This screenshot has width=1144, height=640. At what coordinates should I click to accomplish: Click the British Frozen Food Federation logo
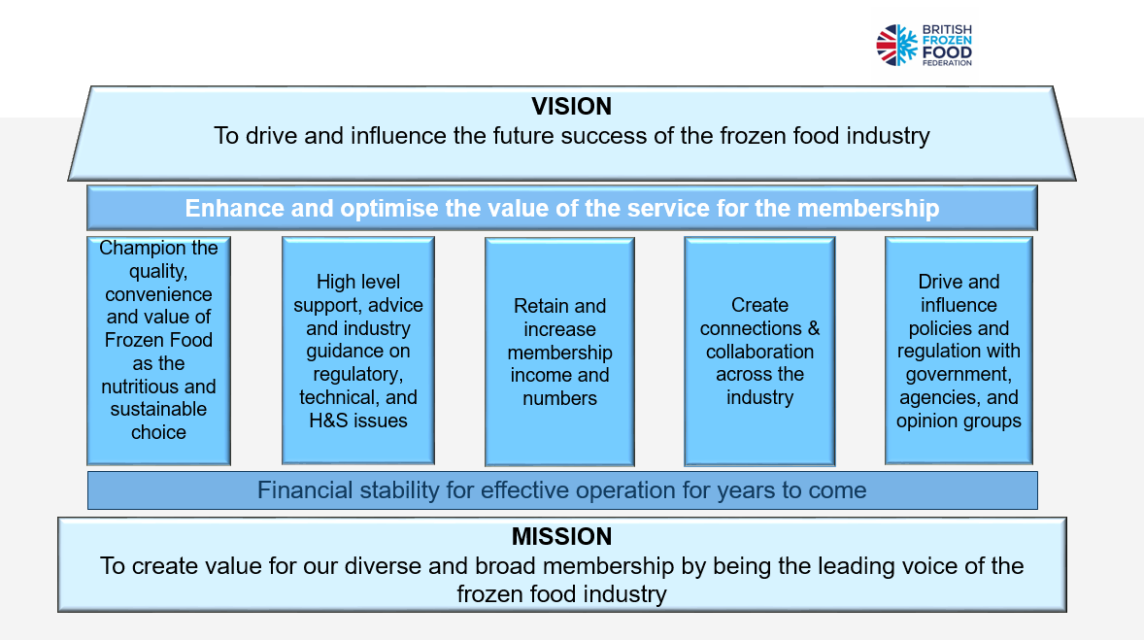tap(924, 46)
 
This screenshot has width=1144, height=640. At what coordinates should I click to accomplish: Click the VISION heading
tap(571, 107)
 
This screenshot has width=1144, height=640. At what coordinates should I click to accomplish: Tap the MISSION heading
tap(561, 536)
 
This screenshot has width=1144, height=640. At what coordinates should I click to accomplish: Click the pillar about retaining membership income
tap(559, 351)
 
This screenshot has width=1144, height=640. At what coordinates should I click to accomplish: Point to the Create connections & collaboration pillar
tap(759, 351)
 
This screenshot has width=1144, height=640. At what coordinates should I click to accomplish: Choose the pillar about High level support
tap(358, 351)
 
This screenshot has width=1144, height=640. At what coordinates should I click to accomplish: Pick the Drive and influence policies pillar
tap(959, 351)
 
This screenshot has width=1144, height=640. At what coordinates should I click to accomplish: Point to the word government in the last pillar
tap(959, 375)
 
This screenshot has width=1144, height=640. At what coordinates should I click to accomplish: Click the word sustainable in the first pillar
tap(158, 409)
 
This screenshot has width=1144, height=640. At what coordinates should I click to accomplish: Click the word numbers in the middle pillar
tap(559, 398)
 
